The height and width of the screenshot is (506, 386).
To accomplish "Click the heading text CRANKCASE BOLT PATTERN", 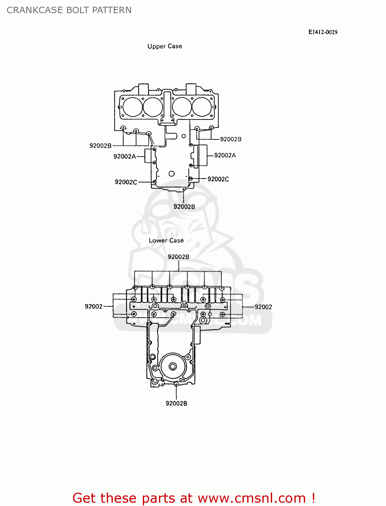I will coord(69,10).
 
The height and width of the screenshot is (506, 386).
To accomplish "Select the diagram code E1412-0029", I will coord(323,32).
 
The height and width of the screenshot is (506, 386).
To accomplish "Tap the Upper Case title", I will coord(165,46).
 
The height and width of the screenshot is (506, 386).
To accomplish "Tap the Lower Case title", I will coord(166,241).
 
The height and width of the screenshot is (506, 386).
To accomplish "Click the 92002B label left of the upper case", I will coord(100,146).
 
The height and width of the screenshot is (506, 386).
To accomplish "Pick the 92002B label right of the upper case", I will coord(231,139).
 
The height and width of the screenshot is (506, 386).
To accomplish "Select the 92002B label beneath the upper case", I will coord(184,207).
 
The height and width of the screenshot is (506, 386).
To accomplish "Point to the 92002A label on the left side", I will coord(125,157).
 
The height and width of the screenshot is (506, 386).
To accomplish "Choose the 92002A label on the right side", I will coord(225,156).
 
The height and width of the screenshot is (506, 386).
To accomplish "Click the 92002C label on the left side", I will coord(126,182).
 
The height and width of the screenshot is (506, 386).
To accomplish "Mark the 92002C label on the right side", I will coord(218,179).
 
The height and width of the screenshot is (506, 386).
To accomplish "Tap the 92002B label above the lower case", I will coord(179,257).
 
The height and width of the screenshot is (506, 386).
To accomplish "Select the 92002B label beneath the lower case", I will coord(176,403).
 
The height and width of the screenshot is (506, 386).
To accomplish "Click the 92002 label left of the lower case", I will coord(94,307).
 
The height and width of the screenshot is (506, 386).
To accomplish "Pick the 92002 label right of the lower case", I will coord(263,307).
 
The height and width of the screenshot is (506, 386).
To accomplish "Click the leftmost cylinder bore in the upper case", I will coord(132,107).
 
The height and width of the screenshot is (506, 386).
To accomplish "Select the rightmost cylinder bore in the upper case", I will coord(202,107).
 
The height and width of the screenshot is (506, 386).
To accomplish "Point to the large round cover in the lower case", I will coord(173,366).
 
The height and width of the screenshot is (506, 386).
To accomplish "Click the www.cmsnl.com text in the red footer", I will coord(252,498).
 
